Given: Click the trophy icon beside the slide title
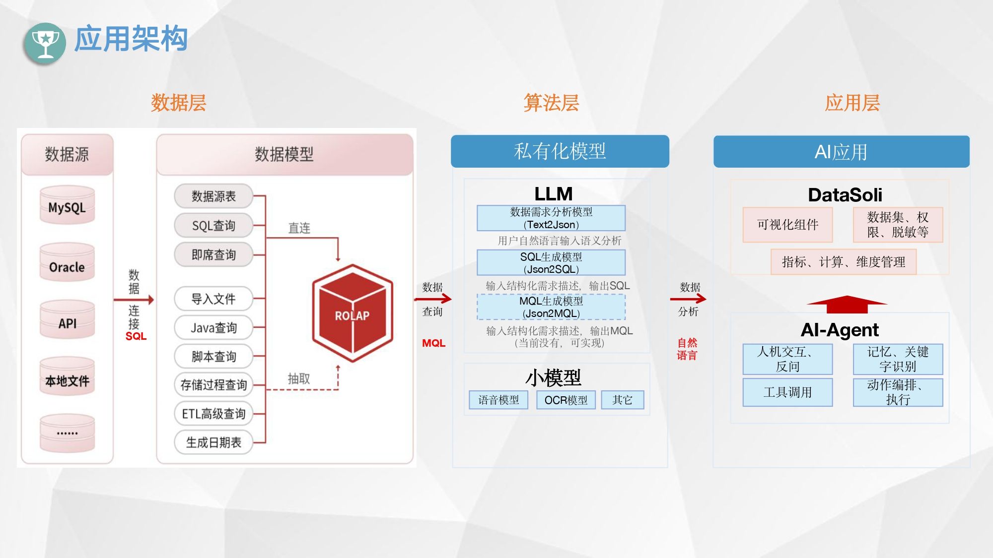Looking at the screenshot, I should [x=45, y=43].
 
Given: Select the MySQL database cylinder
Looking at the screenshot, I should [x=67, y=206].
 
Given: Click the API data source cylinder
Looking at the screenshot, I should [x=67, y=321].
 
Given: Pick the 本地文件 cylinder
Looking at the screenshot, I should [x=67, y=378].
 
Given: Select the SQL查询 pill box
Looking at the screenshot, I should [x=213, y=226].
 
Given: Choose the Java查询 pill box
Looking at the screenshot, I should [x=213, y=328].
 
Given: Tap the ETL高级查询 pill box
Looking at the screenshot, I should [x=213, y=414].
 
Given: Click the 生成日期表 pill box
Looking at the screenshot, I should [x=213, y=442].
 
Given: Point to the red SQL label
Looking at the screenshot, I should [x=136, y=336].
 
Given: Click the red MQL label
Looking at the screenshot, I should [x=433, y=343].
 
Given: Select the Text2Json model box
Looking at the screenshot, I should [x=551, y=218].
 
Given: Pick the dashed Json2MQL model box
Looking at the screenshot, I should [x=551, y=307].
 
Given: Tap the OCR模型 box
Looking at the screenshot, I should [x=566, y=400].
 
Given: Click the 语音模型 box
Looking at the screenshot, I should [x=498, y=400].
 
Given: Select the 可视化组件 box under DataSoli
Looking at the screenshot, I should [x=787, y=225].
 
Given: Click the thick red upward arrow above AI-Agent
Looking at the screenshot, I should [x=847, y=304].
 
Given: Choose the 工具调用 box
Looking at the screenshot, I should [x=787, y=392].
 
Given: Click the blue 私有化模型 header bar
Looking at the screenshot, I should [x=560, y=151].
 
